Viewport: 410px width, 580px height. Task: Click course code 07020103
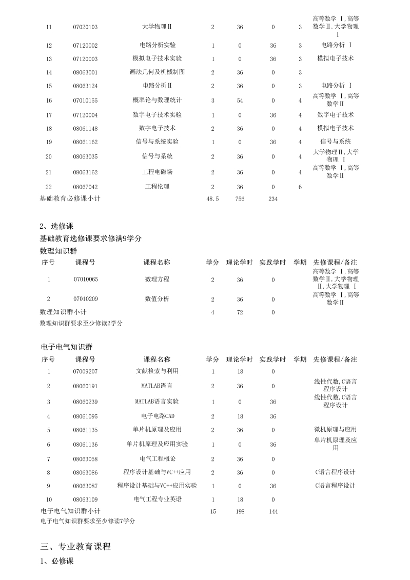click(x=85, y=27)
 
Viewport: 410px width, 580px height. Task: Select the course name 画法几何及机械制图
click(x=157, y=72)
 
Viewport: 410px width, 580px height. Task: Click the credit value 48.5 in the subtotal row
click(x=212, y=198)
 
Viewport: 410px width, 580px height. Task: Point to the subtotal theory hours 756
click(x=240, y=198)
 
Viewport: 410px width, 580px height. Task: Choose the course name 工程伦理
click(x=157, y=187)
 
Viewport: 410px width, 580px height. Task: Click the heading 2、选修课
click(x=57, y=226)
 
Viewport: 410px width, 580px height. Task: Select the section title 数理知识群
click(x=58, y=250)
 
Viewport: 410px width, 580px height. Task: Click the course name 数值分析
click(x=157, y=298)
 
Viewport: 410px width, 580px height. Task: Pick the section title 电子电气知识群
click(x=66, y=347)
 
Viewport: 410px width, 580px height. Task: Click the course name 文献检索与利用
click(x=157, y=371)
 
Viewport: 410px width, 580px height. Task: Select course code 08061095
click(x=85, y=416)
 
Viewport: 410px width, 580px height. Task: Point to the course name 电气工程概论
click(x=157, y=458)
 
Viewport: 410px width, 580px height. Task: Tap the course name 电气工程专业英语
click(x=157, y=498)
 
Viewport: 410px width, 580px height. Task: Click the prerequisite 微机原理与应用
click(x=335, y=430)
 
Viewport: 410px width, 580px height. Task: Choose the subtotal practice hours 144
click(x=273, y=511)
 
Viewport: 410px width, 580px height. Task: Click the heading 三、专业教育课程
click(x=75, y=547)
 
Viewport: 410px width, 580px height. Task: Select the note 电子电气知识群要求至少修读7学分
click(x=88, y=521)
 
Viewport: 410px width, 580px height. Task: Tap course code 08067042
click(x=85, y=187)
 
